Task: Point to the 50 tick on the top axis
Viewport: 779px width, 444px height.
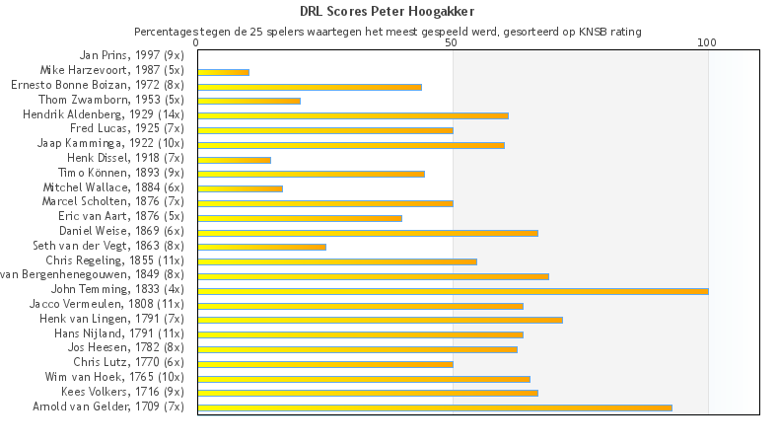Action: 452,43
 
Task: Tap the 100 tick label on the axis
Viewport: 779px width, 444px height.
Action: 707,43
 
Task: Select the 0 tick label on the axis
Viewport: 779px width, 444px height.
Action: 197,43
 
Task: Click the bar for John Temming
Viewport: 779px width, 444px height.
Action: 453,291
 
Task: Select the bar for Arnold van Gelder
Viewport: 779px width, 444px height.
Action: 434,407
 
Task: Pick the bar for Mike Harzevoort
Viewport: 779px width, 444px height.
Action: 223,72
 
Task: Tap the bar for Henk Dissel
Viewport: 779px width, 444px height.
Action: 234,160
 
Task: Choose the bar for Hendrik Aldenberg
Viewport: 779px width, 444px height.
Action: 353,115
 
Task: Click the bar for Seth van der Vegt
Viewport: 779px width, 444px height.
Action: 261,247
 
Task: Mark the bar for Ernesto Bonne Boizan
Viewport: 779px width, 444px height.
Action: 310,87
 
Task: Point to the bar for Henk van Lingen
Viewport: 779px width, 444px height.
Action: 380,320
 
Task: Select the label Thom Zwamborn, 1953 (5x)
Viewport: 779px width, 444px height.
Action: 111,100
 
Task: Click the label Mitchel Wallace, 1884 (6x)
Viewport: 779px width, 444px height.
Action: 113,187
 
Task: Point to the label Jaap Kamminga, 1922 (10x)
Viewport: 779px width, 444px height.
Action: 110,143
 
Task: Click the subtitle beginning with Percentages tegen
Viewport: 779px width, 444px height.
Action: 388,32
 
